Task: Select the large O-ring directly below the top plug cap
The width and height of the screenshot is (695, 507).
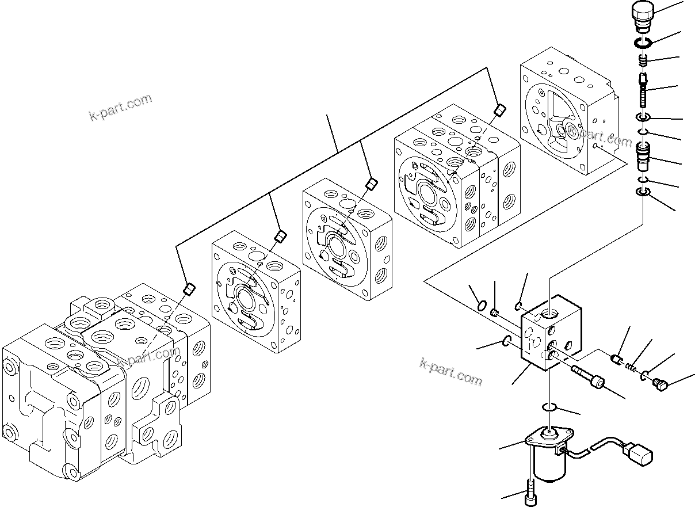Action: [x=642, y=43]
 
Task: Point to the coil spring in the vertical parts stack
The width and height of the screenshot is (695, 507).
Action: [x=643, y=60]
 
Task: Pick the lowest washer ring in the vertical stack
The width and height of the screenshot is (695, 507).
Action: [x=643, y=193]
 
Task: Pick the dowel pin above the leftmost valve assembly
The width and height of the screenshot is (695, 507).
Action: [x=187, y=288]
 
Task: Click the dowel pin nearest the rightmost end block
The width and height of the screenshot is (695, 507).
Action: [x=499, y=109]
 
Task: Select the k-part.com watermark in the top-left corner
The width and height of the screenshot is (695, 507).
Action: [x=120, y=108]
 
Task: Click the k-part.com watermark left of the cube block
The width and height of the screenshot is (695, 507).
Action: [x=450, y=372]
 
